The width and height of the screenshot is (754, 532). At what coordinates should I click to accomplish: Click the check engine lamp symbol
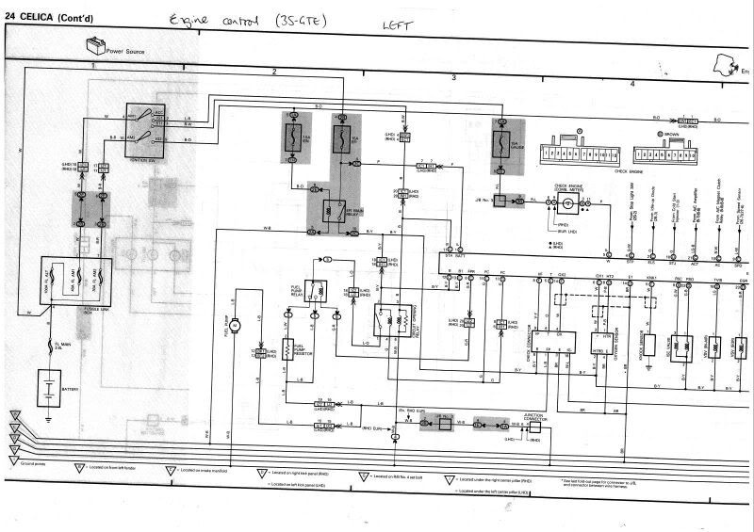click(567, 203)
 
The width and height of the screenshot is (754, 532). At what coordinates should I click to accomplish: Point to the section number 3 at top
click(453, 77)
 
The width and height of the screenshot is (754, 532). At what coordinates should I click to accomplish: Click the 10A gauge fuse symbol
click(509, 146)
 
